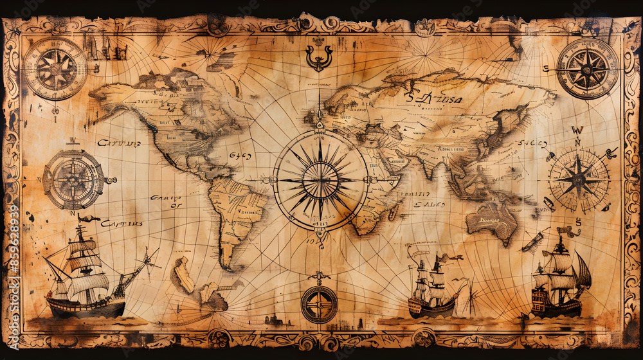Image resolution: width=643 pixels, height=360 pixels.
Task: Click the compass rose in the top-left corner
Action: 55,68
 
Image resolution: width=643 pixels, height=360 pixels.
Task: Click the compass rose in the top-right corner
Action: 587,69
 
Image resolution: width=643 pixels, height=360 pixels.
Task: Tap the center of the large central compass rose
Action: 320,180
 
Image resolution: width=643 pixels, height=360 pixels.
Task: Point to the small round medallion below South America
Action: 319,304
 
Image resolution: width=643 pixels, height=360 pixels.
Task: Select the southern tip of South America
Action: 225,264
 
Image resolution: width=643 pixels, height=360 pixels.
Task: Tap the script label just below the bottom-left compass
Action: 120,224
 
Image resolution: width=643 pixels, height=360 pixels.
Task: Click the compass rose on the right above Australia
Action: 578,179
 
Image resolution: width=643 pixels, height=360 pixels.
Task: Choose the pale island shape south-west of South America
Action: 184,275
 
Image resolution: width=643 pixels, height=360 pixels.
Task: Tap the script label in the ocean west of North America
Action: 118,143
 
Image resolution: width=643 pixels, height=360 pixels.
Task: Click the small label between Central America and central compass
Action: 240,156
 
